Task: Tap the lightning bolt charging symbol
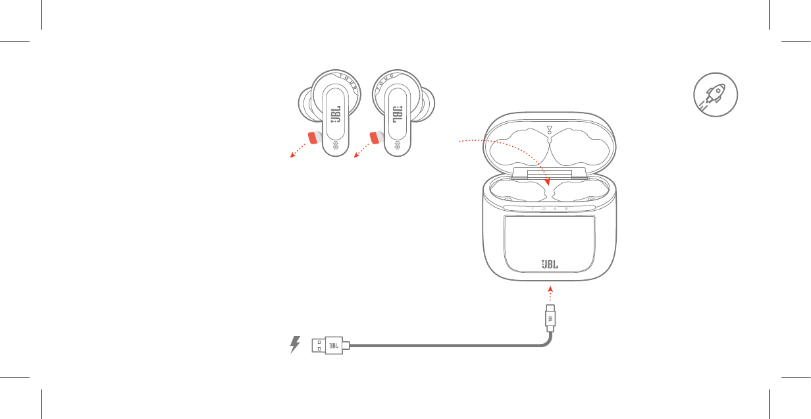pos(295,345)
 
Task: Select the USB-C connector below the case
pos(550,318)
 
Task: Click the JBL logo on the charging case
pos(550,264)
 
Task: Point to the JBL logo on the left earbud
pos(336,114)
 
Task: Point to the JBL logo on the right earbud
pos(397,114)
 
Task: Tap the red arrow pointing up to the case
pos(550,294)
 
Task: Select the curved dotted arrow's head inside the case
pos(547,182)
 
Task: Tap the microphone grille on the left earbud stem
pos(336,146)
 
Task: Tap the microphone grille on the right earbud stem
pos(397,146)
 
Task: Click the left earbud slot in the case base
pos(518,190)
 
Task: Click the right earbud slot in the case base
pos(581,190)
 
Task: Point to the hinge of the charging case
pos(550,174)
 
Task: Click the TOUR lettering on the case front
pos(550,209)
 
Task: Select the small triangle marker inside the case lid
pos(550,128)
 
